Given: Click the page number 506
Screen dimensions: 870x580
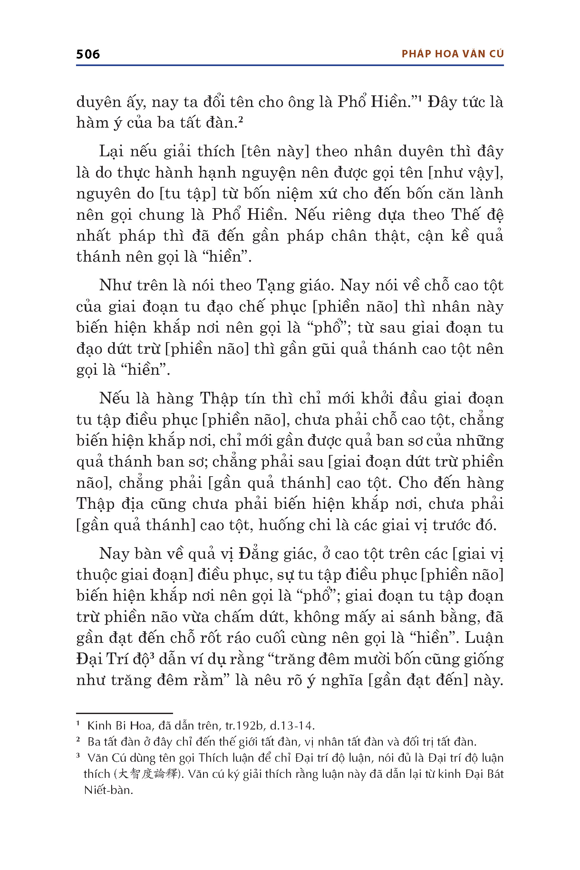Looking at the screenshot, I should tap(88, 54).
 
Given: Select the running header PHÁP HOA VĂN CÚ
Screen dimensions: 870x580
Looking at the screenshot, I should tap(452, 54).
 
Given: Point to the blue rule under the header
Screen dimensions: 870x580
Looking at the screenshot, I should tap(290, 65).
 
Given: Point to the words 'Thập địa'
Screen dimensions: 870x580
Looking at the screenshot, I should tap(110, 504).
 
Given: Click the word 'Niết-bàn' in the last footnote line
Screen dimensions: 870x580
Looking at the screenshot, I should tap(108, 790).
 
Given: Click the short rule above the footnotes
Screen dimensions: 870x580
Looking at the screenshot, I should tap(124, 713).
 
